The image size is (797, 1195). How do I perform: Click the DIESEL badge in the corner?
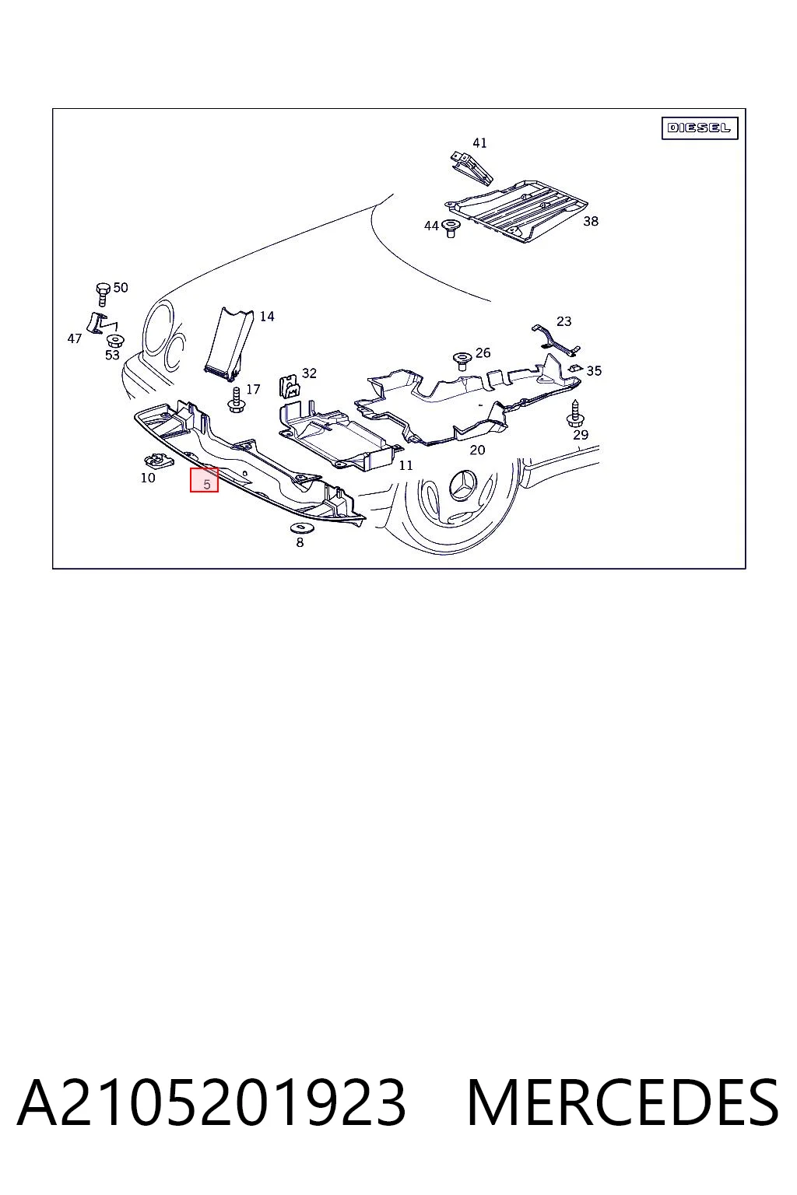(699, 128)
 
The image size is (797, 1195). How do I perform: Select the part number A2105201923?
(212, 1102)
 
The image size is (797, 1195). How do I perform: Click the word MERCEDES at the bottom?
(623, 1102)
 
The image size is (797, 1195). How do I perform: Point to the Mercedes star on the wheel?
(465, 485)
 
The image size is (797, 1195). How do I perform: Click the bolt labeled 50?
(103, 294)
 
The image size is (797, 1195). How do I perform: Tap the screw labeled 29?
(574, 413)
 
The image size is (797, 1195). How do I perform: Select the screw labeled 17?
(235, 399)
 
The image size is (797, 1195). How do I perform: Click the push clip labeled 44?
(451, 228)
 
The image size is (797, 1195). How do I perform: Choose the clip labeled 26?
(461, 361)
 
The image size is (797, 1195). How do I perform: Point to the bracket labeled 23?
(556, 340)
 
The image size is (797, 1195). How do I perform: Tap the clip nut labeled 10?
(160, 460)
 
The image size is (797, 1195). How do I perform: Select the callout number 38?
(591, 221)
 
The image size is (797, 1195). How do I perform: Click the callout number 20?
(477, 450)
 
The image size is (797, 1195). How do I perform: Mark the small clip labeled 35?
(575, 369)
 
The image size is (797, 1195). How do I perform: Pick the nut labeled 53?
(113, 340)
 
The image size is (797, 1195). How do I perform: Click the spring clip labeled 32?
(289, 386)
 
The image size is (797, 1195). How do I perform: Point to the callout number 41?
(479, 143)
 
